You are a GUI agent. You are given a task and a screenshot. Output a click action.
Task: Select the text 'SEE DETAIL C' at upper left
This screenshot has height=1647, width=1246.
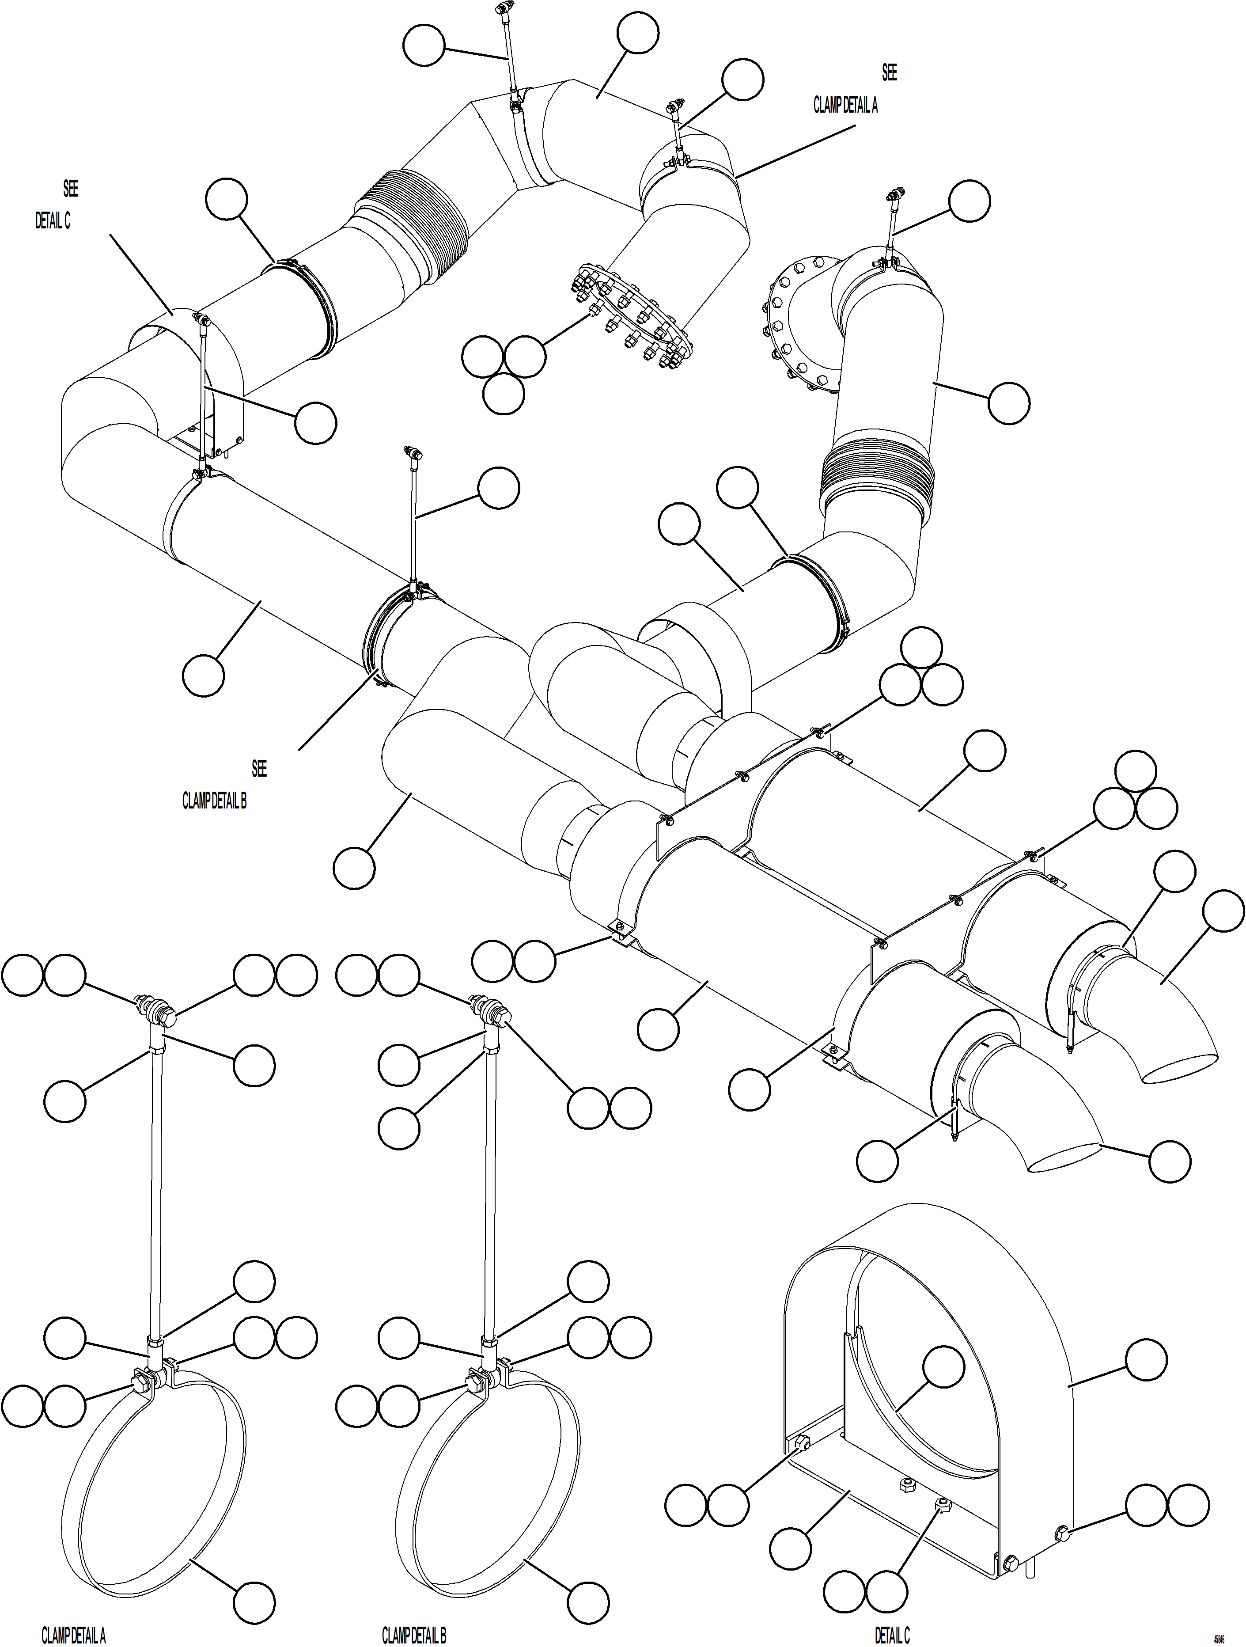(x=56, y=205)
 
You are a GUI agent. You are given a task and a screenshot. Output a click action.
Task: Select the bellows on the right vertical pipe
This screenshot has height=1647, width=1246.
(x=876, y=477)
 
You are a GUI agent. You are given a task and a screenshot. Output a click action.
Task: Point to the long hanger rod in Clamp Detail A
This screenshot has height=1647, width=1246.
(x=155, y=1192)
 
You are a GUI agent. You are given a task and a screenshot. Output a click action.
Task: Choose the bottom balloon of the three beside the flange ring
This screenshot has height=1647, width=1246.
(x=503, y=394)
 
